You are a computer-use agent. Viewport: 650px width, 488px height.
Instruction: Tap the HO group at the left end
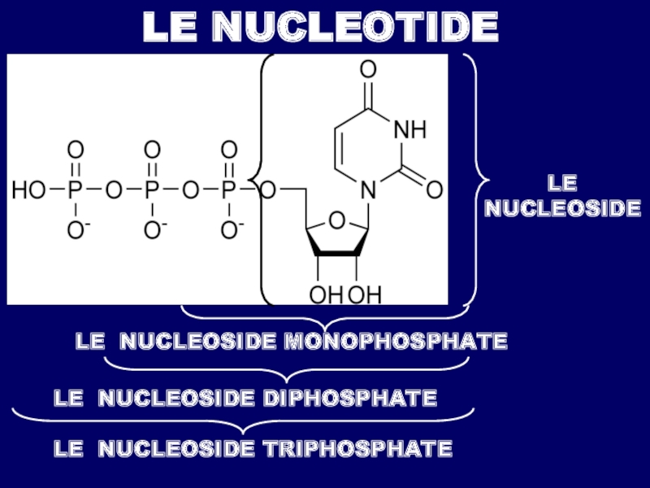tap(28, 190)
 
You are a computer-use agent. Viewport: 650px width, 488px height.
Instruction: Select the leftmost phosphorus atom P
tap(75, 190)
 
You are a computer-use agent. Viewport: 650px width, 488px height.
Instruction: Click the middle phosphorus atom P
tap(152, 190)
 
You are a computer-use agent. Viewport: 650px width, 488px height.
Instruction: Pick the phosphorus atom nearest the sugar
tap(229, 190)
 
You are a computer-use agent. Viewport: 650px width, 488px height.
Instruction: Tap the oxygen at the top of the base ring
tap(368, 68)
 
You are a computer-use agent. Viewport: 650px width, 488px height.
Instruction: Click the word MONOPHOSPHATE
tap(395, 342)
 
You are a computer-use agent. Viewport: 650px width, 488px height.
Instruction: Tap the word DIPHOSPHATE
tap(349, 399)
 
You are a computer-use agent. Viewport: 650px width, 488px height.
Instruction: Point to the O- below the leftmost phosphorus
tap(76, 231)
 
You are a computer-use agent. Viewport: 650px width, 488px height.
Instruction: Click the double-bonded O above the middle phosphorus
tap(152, 150)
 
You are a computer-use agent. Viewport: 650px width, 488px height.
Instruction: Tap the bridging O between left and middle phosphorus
tap(113, 190)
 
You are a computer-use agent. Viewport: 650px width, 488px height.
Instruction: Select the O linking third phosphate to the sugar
tap(270, 190)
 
